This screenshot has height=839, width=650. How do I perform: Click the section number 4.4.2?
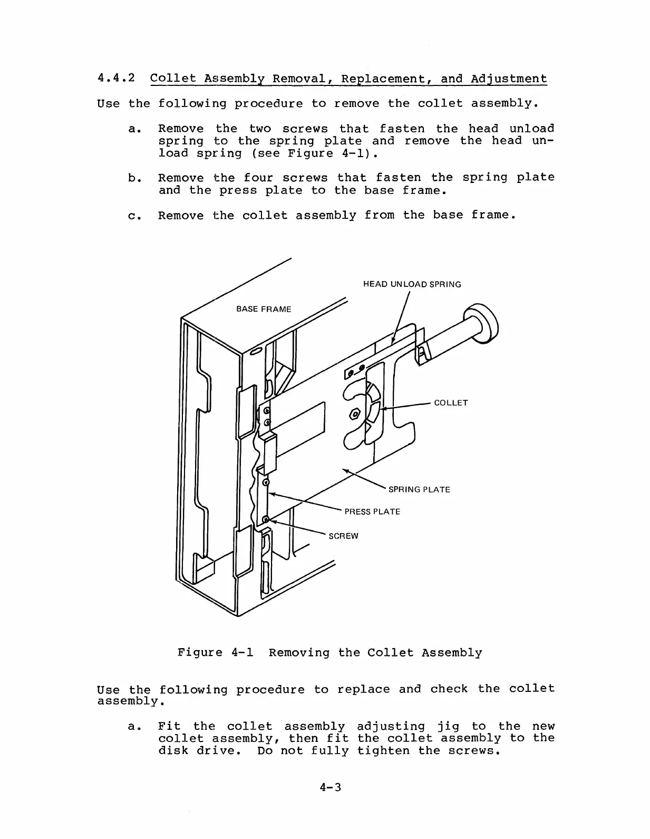pos(116,79)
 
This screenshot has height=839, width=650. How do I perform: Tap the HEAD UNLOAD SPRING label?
pos(412,284)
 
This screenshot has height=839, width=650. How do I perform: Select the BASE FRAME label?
pos(264,309)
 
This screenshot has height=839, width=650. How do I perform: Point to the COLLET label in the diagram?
pos(451,403)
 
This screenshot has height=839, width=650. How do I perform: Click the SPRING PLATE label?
pos(419,489)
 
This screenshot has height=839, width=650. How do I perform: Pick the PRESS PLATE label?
pos(372,512)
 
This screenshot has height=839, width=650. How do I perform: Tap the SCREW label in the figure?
pos(343,536)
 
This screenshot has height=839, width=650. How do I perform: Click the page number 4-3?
pos(330,787)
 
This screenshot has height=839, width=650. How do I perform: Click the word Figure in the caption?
pos(200,653)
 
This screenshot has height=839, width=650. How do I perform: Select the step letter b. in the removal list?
pos(132,178)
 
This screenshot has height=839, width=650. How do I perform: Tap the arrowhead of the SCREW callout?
pos(269,521)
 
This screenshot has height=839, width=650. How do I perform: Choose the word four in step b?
pos(258,178)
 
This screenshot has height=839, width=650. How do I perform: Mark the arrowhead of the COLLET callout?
pos(383,409)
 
